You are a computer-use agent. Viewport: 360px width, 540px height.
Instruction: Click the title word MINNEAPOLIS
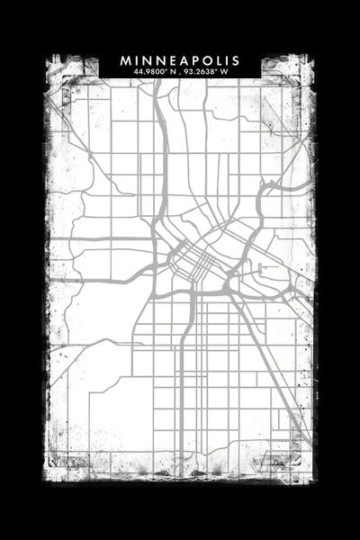[180, 60]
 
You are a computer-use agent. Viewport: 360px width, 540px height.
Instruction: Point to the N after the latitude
[171, 71]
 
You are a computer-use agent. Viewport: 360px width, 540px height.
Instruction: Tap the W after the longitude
[227, 71]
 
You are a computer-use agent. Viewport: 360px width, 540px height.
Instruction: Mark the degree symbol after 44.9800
[165, 69]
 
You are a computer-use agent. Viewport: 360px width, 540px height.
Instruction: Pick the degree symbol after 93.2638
[220, 69]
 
